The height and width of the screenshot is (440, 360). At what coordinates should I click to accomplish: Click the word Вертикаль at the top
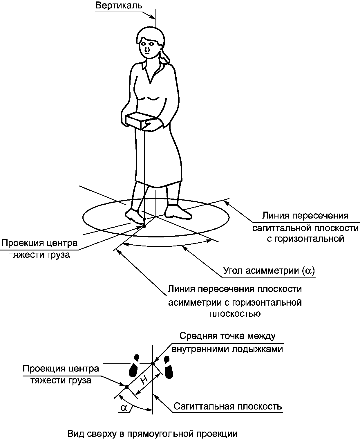click(x=119, y=6)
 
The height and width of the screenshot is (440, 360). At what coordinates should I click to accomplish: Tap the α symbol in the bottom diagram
click(x=124, y=407)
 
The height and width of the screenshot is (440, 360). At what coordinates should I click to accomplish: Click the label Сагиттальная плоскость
click(x=228, y=406)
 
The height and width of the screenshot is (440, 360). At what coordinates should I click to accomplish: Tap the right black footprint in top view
click(x=169, y=368)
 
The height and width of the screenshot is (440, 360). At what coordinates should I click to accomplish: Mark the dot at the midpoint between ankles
click(x=153, y=363)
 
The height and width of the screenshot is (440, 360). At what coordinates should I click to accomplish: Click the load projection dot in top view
click(x=126, y=387)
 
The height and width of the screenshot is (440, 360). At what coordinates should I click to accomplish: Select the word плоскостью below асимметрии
click(x=235, y=314)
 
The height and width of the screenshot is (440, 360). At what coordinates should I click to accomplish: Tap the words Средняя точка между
click(x=227, y=336)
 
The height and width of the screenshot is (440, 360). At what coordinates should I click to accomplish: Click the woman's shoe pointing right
click(x=178, y=212)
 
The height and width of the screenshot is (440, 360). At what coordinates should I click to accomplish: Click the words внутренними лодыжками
click(x=227, y=349)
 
